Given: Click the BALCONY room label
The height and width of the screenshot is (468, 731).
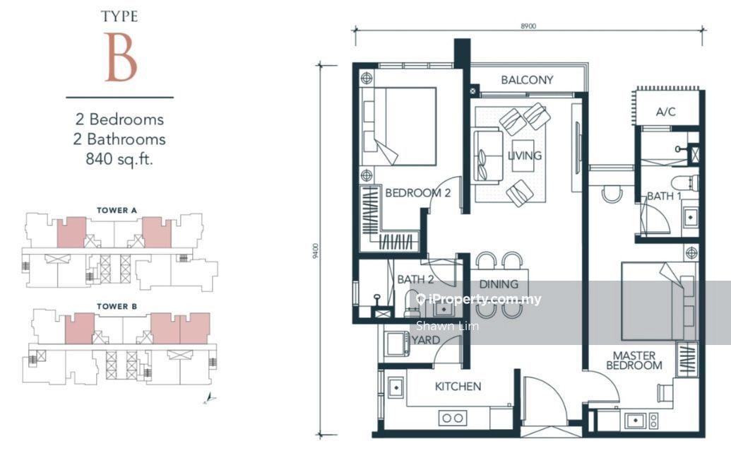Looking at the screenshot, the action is tap(527, 80).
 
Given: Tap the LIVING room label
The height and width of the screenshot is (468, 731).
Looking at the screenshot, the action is tap(525, 156).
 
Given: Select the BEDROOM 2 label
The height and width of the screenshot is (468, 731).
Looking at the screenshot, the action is tap(417, 193).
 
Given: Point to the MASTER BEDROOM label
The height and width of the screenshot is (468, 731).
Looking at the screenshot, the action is tap(634, 361).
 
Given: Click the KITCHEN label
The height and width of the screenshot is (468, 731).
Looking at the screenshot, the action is tap(458, 386).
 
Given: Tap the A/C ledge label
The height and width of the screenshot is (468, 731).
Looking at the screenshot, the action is tap(665, 112).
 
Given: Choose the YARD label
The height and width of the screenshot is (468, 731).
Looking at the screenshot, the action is tap(426, 340).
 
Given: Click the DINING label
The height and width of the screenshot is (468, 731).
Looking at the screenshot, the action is tap(499, 283).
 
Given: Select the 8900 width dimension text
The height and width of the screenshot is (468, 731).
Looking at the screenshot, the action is tap(528, 26).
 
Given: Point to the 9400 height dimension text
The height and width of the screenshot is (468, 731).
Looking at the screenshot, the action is tap(316, 251).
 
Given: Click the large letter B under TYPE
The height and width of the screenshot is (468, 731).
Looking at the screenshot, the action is tap(120, 57).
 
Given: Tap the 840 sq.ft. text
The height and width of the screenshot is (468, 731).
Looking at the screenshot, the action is tap(119, 159).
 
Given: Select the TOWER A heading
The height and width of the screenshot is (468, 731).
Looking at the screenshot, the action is tap(117, 211).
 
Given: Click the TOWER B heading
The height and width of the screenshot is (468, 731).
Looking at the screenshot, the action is tap(117, 307).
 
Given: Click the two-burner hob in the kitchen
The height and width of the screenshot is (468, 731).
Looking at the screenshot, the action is tap(453, 418).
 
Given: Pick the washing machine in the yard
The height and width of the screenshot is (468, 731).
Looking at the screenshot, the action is tap(396, 346).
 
